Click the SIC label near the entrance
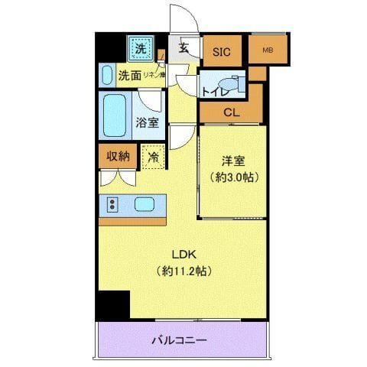pos(221,52)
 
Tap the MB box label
pos(267,51)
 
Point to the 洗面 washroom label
pos(129,76)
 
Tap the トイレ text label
pos(215,92)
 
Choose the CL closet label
pos(230,113)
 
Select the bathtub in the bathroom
pos(116,115)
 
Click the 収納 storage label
pos(118,156)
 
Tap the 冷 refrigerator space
pos(152,156)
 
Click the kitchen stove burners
pos(112,204)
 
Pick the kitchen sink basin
pos(146,204)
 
